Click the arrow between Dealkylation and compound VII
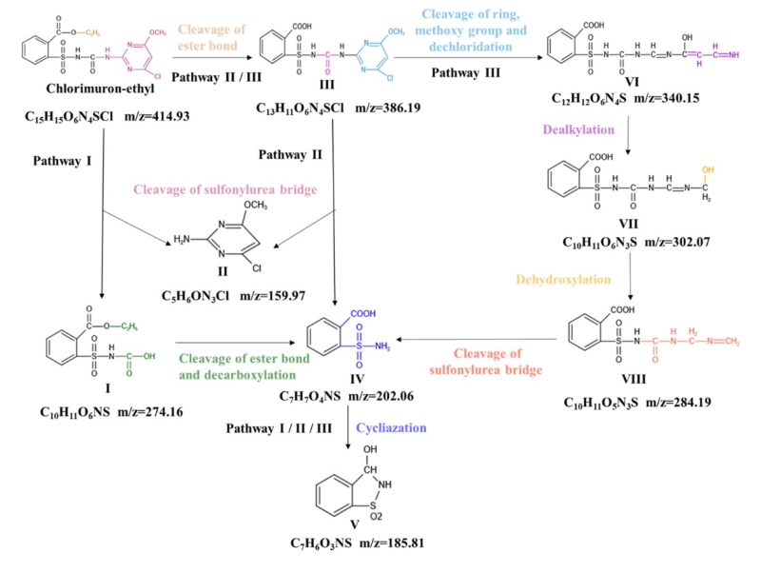click(x=629, y=133)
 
